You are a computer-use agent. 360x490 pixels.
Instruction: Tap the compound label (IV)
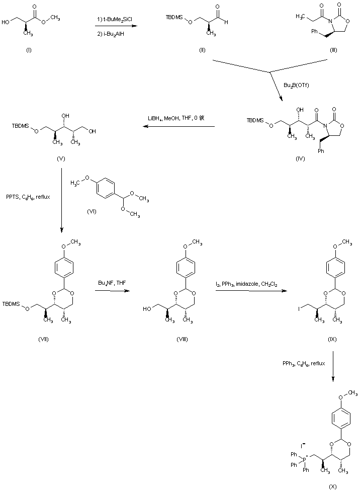coord(300,158)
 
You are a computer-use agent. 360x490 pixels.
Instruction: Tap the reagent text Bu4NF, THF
coord(112,284)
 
